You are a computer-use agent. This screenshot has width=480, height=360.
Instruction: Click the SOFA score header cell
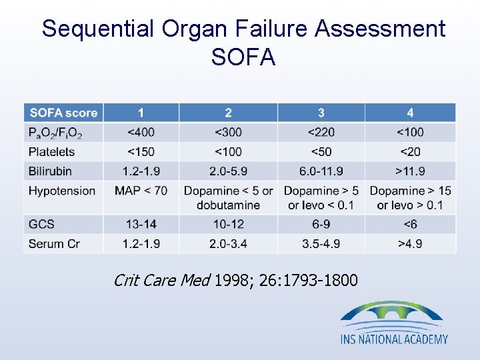click(x=63, y=113)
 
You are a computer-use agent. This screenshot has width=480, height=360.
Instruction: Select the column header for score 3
click(x=321, y=113)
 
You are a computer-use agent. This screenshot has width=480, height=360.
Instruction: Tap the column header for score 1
click(x=141, y=113)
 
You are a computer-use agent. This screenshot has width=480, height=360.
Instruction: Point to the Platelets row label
click(x=51, y=151)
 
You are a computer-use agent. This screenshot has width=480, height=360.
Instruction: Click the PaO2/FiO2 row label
click(x=55, y=133)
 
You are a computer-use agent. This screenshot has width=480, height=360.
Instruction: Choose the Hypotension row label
click(x=61, y=191)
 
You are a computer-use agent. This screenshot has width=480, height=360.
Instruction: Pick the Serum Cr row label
click(x=54, y=243)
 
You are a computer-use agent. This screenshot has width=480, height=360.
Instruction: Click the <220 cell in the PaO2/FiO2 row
click(x=321, y=132)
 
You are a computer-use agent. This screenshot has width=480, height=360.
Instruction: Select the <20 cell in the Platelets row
click(x=410, y=151)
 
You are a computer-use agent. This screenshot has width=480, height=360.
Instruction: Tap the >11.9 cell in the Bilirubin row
click(x=410, y=171)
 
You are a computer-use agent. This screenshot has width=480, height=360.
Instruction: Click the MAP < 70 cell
click(x=141, y=191)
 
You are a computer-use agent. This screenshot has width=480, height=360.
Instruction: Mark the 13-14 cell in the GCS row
click(x=141, y=224)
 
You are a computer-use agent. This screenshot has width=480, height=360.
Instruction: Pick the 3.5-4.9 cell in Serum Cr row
click(x=321, y=243)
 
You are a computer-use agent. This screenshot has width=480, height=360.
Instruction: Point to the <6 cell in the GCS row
click(x=410, y=224)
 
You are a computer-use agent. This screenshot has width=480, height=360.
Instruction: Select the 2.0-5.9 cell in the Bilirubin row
click(x=228, y=171)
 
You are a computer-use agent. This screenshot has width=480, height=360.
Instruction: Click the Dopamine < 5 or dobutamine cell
click(x=228, y=197)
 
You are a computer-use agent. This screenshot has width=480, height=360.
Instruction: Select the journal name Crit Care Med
click(x=162, y=280)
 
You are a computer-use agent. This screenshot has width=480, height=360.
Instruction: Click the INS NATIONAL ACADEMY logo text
click(x=394, y=339)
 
